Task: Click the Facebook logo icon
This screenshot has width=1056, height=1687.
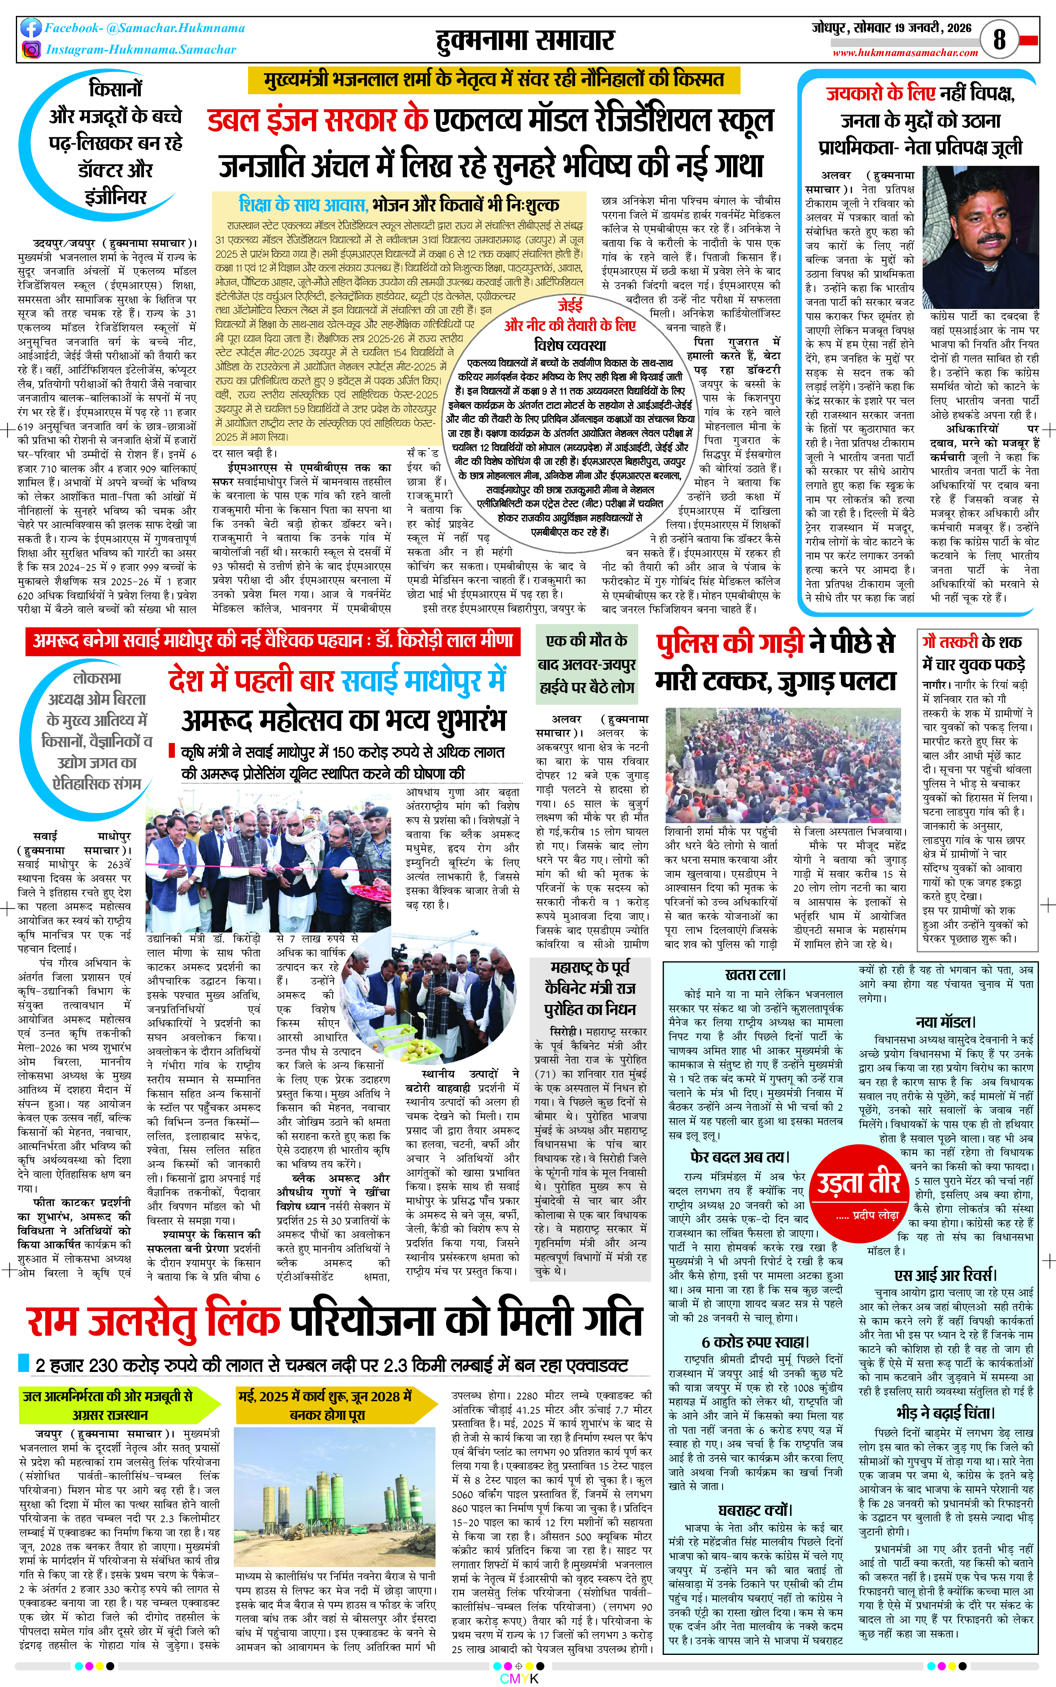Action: click(x=31, y=28)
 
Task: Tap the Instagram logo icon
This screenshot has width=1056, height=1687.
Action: click(x=31, y=50)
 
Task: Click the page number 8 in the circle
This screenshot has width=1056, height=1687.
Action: click(x=999, y=39)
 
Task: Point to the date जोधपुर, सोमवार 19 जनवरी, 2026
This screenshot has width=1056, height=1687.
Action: click(x=891, y=28)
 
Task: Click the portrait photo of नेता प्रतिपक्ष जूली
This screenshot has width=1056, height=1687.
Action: click(x=981, y=237)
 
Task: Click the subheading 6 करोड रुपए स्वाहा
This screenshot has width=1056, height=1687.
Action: click(x=755, y=1342)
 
